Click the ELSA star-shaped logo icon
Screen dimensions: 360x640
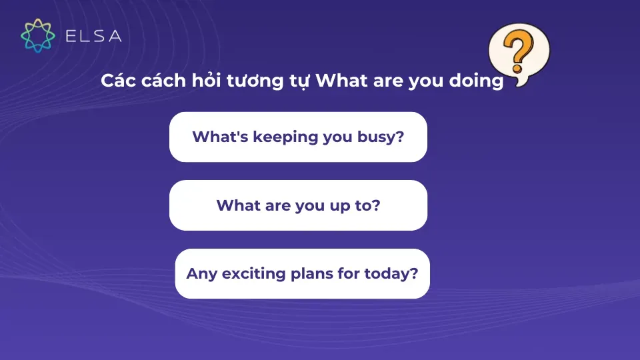pyautogui.click(x=37, y=35)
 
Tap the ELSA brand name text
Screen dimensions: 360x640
pyautogui.click(x=93, y=36)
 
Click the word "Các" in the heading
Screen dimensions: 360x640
pyautogui.click(x=115, y=81)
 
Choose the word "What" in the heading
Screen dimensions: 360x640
pyautogui.click(x=337, y=81)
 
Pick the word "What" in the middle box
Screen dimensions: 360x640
pyautogui.click(x=237, y=205)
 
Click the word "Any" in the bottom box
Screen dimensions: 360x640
pyautogui.click(x=200, y=274)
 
